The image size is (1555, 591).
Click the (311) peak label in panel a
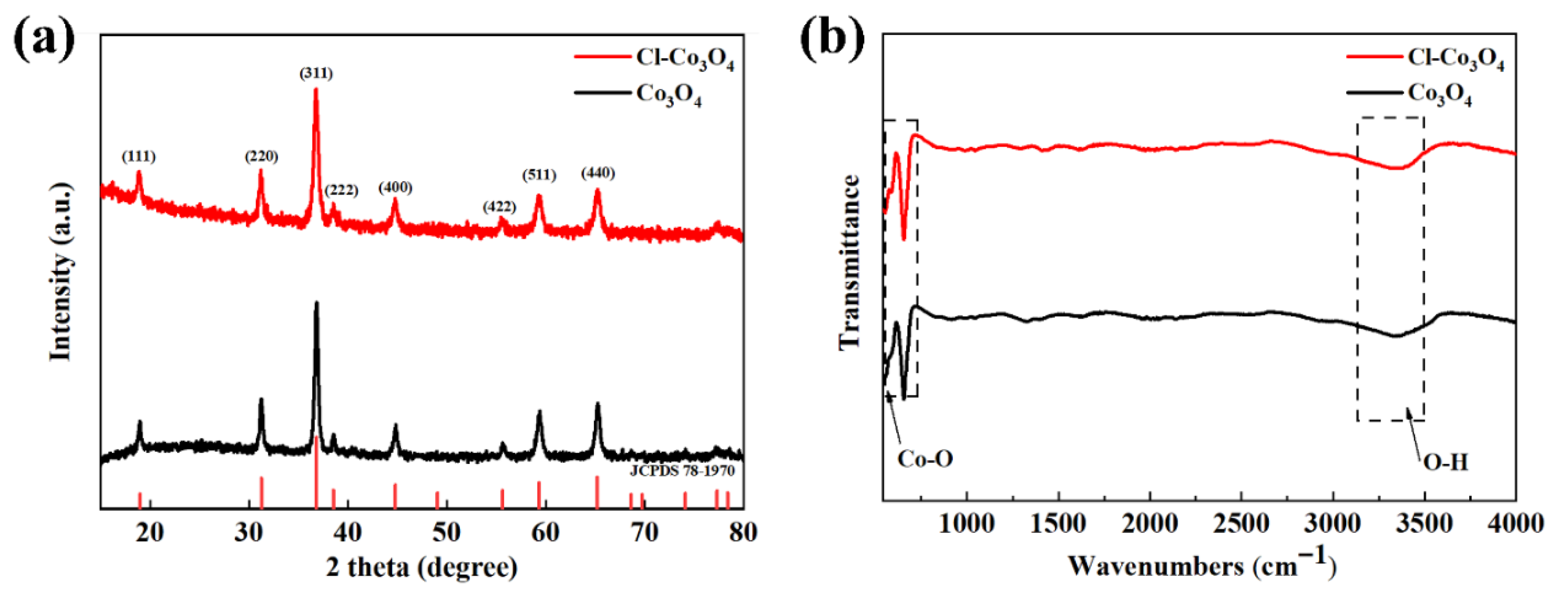315,74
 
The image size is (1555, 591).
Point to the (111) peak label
139,157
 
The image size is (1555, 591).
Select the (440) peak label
598,173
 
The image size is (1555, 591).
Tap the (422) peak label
499,207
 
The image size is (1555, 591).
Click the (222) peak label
341,191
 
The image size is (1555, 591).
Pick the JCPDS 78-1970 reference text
682,470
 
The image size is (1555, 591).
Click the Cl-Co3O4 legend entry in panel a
654,59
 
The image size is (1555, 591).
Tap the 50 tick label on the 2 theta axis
447,532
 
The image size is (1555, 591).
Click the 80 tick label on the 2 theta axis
743,532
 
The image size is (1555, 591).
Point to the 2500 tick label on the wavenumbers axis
1241,523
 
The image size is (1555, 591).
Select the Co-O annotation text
925,459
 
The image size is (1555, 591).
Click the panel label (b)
832,38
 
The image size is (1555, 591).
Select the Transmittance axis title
849,262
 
